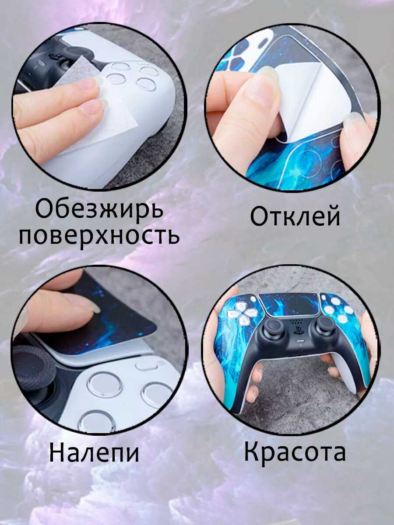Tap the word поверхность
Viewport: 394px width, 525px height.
pyautogui.click(x=99, y=235)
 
